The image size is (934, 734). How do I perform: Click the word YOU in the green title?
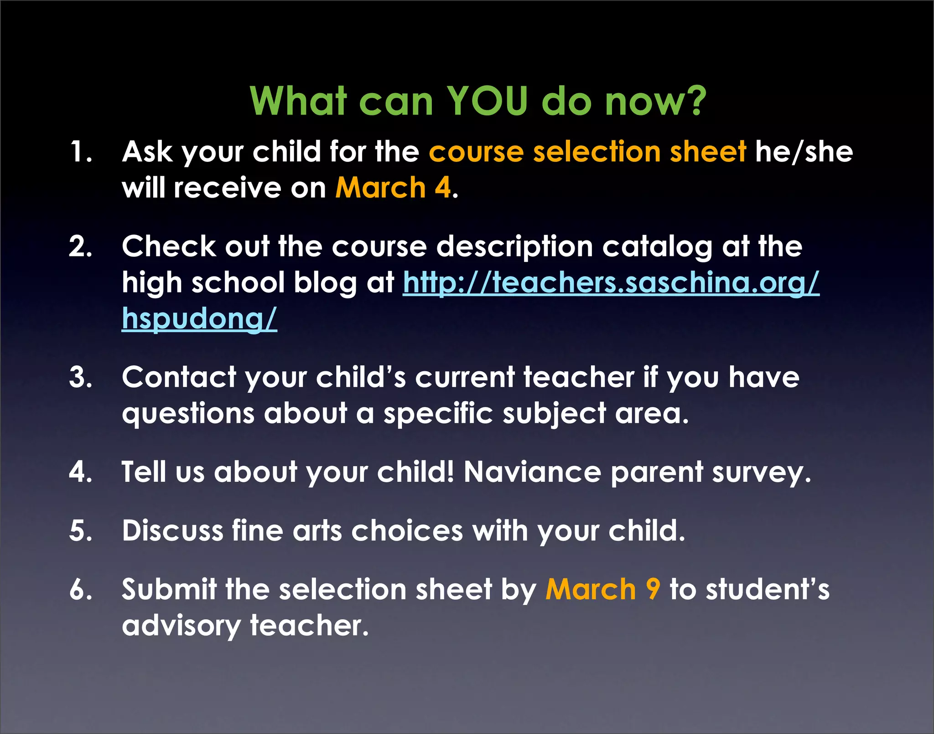point(487,101)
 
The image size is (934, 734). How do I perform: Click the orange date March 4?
point(393,187)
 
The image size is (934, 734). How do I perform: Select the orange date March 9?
point(602,589)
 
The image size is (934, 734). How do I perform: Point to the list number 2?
point(80,246)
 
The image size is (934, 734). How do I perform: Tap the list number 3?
point(80,377)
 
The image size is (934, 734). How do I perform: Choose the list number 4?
point(80,472)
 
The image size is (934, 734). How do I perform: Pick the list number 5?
point(80,531)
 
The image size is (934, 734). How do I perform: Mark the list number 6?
point(80,589)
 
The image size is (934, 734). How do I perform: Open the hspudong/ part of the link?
point(199,318)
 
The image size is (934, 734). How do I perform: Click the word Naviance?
point(532,472)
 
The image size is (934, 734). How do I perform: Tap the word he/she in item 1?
point(804,151)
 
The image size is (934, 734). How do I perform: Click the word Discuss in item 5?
point(172,531)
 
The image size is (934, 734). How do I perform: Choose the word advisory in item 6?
point(181,626)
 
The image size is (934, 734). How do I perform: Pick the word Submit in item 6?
point(169,589)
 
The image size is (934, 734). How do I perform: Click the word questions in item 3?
point(188,414)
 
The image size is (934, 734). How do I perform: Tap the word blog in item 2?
point(325,283)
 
